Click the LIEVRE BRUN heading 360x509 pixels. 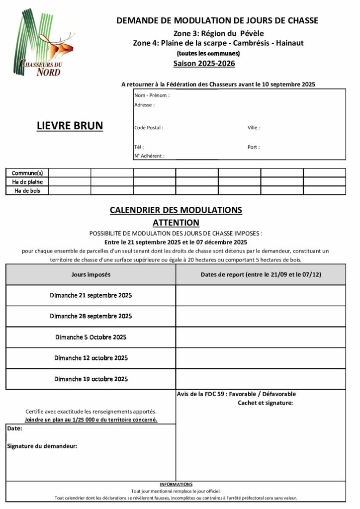click(x=70, y=126)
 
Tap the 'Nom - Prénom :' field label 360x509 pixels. click(x=152, y=95)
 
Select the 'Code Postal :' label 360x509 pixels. click(x=149, y=128)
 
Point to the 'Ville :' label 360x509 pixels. click(x=254, y=128)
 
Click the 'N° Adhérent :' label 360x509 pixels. click(x=149, y=156)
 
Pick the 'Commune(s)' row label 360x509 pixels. click(x=27, y=173)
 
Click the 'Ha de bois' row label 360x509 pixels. click(x=27, y=190)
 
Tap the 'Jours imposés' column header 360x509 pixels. click(x=91, y=274)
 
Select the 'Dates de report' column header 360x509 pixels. click(x=260, y=274)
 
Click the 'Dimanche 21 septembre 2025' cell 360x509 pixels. click(x=91, y=295)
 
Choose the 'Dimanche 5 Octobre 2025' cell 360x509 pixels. click(x=91, y=337)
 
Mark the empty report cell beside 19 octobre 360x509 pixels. click(x=260, y=379)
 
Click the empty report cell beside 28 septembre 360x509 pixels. click(x=260, y=316)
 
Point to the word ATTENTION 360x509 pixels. click(x=176, y=223)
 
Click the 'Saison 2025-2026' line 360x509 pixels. click(x=204, y=64)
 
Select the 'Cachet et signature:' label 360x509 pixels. click(x=266, y=403)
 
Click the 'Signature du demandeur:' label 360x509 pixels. click(x=42, y=446)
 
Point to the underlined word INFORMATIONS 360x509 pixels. click(x=176, y=484)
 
